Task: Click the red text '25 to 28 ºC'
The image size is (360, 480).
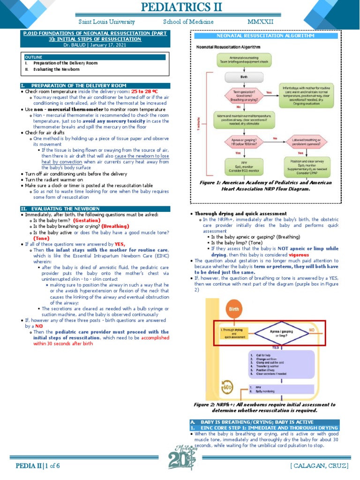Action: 144,91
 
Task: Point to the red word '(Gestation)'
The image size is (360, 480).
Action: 87,220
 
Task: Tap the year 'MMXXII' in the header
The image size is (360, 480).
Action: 260,22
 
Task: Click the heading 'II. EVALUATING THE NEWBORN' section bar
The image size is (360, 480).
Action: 92,208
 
